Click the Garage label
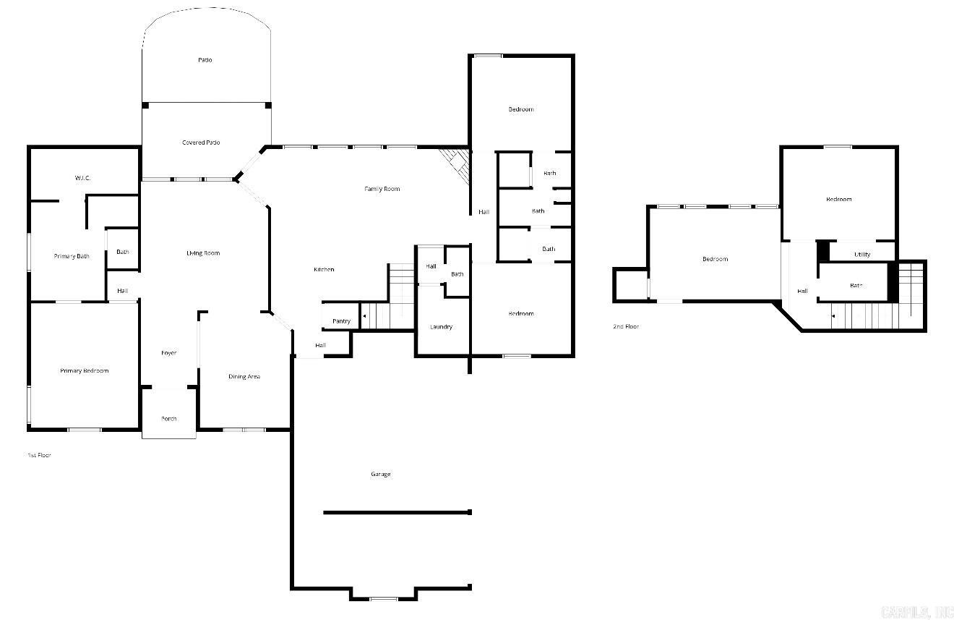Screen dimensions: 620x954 coord(381,475)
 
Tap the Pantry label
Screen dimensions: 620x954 coord(342,321)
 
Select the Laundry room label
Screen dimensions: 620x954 coord(441,327)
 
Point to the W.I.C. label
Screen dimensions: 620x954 coord(82,178)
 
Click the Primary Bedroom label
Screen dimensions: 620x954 coord(84,371)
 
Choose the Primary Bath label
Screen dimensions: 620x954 coord(72,256)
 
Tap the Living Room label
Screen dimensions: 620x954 coord(203,253)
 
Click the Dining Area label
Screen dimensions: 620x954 coord(244,377)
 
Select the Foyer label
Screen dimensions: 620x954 coord(168,353)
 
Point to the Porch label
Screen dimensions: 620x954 coord(168,419)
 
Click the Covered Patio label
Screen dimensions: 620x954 coord(201,143)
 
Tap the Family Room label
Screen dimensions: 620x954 coord(382,189)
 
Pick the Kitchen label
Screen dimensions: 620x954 coord(324,270)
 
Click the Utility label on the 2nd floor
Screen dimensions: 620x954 coord(862,255)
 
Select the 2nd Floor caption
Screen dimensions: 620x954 coord(626,327)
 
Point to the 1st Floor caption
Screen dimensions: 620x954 coord(39,455)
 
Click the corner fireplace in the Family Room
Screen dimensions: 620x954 coord(457,165)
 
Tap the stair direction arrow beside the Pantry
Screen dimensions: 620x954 coord(364,316)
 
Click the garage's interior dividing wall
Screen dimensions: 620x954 coord(397,512)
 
